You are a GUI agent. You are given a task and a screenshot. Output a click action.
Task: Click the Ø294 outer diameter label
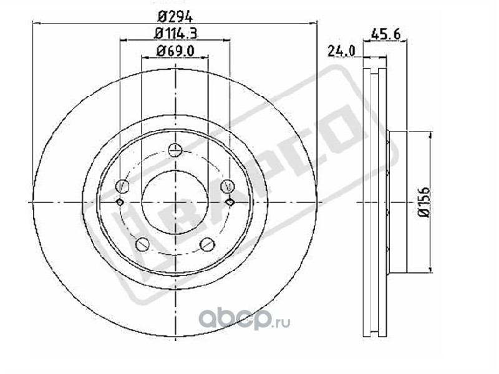[x=175, y=16]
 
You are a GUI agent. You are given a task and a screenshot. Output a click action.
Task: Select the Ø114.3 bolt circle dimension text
[x=175, y=33]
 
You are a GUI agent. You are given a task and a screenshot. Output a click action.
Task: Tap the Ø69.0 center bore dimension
[x=175, y=51]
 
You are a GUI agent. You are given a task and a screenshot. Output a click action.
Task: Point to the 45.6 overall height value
[x=385, y=34]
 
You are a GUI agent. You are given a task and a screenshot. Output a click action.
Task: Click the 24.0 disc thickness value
[x=341, y=51]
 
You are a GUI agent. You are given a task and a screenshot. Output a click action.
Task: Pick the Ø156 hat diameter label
[x=424, y=202]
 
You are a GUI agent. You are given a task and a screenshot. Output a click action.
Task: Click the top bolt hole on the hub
[x=175, y=150]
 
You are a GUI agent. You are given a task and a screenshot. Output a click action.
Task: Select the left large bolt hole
[x=123, y=186]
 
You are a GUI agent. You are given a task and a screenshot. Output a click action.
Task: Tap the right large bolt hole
[x=227, y=186]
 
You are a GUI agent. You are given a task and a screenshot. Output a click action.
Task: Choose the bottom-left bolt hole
[x=143, y=244]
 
